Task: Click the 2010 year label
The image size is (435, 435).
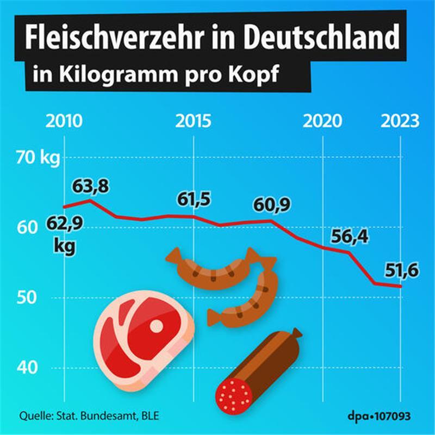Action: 65,120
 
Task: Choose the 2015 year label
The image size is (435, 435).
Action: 194,120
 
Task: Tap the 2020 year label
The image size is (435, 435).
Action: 323,120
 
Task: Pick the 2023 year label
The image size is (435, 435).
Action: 400,120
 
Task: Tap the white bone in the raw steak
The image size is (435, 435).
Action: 157,326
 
